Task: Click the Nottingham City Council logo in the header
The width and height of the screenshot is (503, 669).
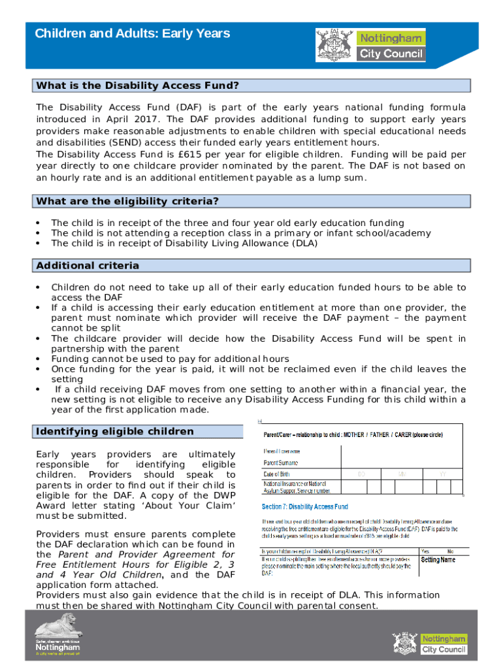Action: point(370,45)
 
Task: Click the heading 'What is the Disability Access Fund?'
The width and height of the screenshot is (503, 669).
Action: point(138,86)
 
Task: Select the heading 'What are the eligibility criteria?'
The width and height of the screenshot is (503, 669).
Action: point(127,201)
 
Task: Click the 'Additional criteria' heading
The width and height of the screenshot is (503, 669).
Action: point(88,266)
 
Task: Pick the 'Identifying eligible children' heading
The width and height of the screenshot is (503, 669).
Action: point(115,431)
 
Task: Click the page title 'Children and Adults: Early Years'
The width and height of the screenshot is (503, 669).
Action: point(133,33)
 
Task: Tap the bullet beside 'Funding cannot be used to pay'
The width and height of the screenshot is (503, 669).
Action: point(39,359)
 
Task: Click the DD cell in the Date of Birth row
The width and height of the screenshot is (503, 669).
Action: point(361,474)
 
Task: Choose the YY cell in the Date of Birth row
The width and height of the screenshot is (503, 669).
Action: point(442,474)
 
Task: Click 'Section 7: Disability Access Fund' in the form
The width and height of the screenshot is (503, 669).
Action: point(305,506)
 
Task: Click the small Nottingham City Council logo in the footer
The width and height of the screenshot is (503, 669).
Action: point(429,643)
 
